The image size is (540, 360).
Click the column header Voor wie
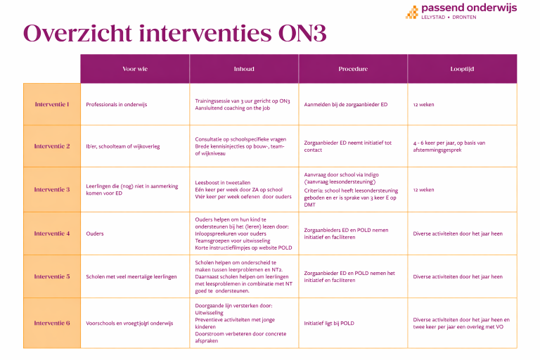click(x=135, y=69)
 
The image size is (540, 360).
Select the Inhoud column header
click(x=244, y=69)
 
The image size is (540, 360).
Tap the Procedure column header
click(x=353, y=69)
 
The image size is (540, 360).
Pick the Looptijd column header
click(x=462, y=69)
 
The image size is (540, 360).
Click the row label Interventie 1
click(x=52, y=104)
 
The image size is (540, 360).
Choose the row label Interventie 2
click(x=52, y=146)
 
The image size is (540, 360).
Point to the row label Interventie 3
click(x=52, y=189)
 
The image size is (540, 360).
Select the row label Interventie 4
click(x=52, y=233)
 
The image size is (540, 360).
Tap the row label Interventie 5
click(x=52, y=276)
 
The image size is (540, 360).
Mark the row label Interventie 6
click(x=52, y=323)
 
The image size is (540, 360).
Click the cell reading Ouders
click(x=95, y=233)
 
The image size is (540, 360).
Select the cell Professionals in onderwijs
click(x=117, y=104)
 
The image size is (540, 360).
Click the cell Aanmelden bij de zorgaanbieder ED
click(x=346, y=104)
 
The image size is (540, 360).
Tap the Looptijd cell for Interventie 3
click(x=424, y=189)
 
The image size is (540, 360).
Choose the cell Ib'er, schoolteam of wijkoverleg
click(x=123, y=146)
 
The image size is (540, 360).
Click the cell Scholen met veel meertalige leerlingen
click(x=131, y=276)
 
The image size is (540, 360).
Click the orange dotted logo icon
click(x=411, y=11)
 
